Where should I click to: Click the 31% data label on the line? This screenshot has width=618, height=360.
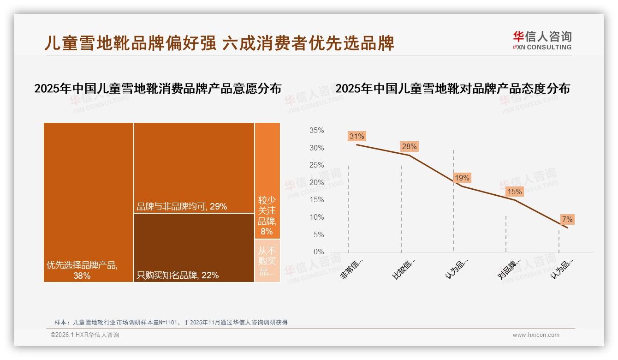357,136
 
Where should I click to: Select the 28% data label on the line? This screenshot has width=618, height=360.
409,147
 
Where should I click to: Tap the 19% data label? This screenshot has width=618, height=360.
462,178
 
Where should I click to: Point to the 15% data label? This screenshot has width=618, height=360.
514,192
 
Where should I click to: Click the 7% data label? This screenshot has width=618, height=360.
567,220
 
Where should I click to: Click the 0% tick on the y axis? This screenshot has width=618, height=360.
319,252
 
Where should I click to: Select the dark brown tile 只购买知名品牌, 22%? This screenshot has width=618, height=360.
194,247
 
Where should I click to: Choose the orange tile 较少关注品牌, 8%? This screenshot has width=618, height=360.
267,180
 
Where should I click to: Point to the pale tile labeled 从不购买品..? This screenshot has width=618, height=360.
267,261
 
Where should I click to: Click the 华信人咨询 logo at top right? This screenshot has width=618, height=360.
542,41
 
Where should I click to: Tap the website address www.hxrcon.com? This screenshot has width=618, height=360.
536,335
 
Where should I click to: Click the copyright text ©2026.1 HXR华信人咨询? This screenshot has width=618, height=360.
85,335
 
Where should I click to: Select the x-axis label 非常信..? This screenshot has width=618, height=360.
352,268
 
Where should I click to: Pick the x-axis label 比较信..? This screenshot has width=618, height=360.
404,268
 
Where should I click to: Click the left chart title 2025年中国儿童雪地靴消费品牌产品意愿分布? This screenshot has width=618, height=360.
158,89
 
